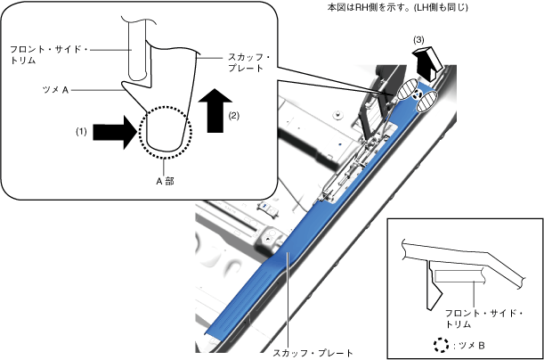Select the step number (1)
[x=81, y=131]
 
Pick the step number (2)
[x=234, y=115]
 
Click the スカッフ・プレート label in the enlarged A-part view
[x=236, y=62]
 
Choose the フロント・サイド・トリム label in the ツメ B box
[x=480, y=320]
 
